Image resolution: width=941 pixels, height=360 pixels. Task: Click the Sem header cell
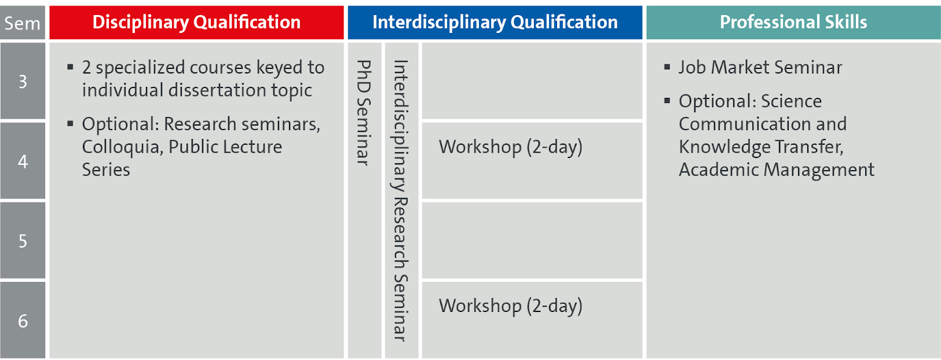(x=23, y=23)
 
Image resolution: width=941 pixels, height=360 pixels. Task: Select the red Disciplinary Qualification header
(x=197, y=23)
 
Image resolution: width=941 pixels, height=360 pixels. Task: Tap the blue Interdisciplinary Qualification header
(x=495, y=23)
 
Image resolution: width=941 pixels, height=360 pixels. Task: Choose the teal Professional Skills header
(x=793, y=23)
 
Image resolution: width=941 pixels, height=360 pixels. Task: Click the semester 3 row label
(x=23, y=81)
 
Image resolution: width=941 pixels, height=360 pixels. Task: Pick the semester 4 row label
(x=23, y=161)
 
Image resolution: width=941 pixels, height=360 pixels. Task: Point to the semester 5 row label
(x=23, y=241)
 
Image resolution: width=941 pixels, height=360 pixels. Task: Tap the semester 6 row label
(x=23, y=321)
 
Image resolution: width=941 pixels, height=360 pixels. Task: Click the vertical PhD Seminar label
(x=364, y=113)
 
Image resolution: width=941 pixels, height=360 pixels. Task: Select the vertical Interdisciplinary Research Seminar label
(x=401, y=201)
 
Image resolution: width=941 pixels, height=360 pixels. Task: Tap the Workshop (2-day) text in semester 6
(x=510, y=306)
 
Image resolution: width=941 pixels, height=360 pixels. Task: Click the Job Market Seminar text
(x=760, y=67)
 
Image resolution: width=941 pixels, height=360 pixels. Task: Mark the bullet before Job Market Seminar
(x=667, y=67)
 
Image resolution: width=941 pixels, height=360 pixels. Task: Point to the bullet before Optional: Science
(x=667, y=100)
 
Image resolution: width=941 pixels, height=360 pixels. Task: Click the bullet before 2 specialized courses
(x=70, y=67)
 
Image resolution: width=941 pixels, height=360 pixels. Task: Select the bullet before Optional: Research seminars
(x=70, y=123)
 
